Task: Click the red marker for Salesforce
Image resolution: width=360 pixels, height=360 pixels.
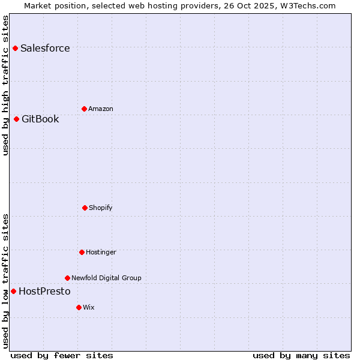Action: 15,48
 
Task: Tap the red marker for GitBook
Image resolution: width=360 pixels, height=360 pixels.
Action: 16,119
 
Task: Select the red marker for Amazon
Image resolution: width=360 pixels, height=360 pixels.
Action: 84,109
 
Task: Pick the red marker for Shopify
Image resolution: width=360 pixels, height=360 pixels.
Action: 85,208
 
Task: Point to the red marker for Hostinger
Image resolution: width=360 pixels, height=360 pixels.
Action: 82,252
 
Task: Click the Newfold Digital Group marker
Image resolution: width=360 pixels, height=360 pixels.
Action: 67,278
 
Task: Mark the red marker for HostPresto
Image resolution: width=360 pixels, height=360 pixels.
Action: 13,291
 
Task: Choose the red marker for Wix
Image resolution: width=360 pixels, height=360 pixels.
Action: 79,307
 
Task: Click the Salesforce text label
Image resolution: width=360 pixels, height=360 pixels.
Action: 45,49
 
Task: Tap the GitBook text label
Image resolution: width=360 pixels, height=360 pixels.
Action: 40,119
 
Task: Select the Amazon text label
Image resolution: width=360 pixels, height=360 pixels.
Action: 101,109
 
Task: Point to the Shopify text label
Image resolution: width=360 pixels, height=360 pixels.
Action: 101,208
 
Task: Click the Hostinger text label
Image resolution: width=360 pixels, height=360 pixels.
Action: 101,253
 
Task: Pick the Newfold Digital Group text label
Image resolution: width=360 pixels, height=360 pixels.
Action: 106,278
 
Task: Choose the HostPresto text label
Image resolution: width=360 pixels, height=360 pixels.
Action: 44,292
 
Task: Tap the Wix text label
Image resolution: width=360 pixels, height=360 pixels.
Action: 89,308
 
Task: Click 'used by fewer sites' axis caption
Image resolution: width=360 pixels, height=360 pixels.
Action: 62,356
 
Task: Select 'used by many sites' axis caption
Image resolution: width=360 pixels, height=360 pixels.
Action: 301,356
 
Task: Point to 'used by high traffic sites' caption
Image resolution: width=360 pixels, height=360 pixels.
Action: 6,85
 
